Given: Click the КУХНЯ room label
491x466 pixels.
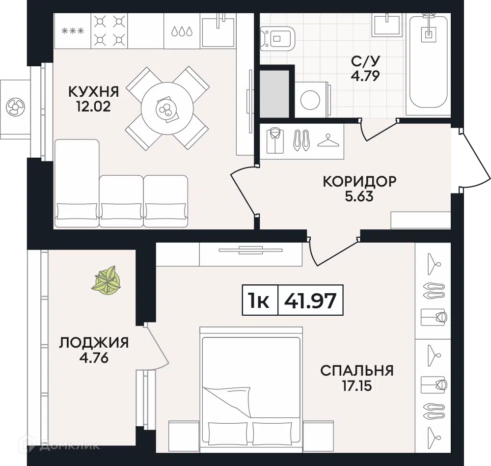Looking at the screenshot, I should coord(93,91).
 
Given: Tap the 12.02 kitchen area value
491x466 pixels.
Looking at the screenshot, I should coord(93,107).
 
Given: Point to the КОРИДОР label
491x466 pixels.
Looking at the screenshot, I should coord(359,182).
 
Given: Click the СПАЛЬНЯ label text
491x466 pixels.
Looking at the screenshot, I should coord(356,370).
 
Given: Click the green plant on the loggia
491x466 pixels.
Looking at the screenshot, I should coord(107,281).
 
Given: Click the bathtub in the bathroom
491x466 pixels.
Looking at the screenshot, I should coord(428,61).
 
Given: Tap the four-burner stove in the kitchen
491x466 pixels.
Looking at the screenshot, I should coord(108,30).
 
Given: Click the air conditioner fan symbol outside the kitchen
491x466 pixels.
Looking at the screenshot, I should coord(14,106).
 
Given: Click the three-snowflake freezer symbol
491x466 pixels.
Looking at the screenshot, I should coord(72,31).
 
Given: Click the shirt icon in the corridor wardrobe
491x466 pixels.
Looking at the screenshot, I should coord(275,140).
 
